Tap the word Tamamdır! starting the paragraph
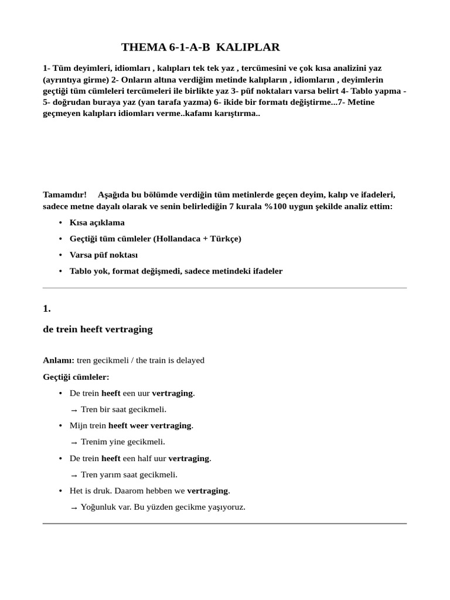[65, 195]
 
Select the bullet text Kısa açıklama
[97, 223]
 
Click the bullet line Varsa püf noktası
[104, 255]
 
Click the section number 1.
[47, 308]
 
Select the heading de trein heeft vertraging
[98, 329]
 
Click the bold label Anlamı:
[59, 360]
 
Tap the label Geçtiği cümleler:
[76, 377]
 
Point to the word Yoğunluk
[98, 507]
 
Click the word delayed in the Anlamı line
[190, 360]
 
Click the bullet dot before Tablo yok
[61, 271]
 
